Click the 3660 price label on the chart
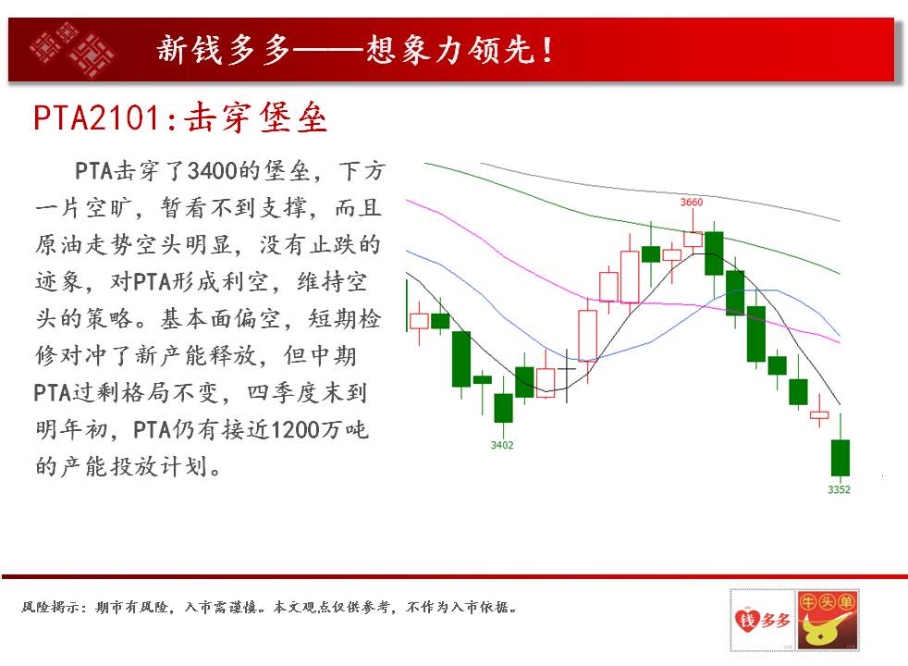(691, 203)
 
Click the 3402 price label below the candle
(502, 445)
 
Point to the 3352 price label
(839, 489)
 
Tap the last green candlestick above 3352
(841, 458)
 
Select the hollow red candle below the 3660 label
(693, 240)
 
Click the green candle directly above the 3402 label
(503, 408)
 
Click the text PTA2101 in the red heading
(96, 117)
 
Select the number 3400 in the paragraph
(213, 171)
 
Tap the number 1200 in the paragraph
(295, 430)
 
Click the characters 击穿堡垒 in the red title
(255, 117)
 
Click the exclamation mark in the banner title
(546, 50)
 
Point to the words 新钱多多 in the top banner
(224, 49)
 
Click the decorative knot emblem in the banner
(71, 49)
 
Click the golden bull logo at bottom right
(827, 621)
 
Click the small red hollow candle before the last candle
(819, 413)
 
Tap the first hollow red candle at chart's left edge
(419, 321)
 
